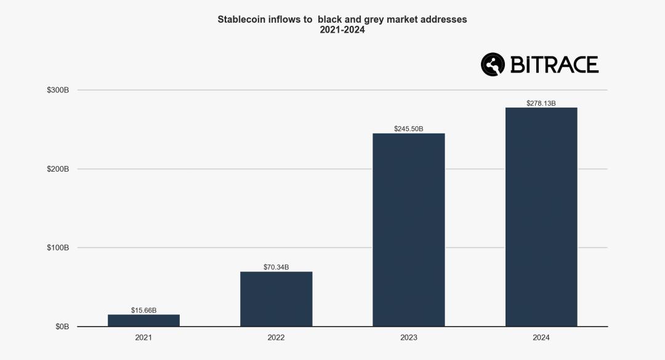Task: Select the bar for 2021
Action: (143, 321)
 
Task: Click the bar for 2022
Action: (276, 299)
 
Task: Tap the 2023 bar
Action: (409, 230)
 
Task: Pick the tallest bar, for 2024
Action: (541, 217)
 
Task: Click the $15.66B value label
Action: (143, 310)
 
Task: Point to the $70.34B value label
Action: (276, 267)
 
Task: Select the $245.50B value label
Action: (409, 129)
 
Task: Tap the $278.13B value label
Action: (541, 103)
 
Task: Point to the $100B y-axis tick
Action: (58, 248)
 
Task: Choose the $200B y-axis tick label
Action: (58, 169)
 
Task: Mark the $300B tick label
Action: (58, 90)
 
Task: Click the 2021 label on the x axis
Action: (143, 338)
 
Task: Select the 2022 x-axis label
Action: (276, 338)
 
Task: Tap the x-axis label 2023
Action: (409, 338)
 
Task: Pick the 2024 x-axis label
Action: (541, 338)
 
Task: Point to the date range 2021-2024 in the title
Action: (342, 30)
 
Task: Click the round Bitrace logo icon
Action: (493, 64)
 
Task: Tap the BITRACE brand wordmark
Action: (554, 65)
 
